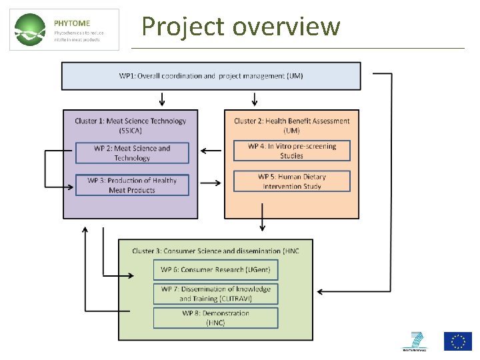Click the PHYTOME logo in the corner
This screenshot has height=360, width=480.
[x=65, y=30]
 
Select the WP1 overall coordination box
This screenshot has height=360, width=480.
[x=211, y=76]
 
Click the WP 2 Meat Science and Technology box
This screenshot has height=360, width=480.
[x=132, y=153]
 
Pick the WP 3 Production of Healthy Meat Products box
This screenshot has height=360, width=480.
[x=132, y=185]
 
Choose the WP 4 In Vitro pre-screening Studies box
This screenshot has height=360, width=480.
[x=291, y=151]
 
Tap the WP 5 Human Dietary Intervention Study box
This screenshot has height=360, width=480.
[x=291, y=181]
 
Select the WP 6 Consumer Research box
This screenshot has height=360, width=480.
[x=215, y=269]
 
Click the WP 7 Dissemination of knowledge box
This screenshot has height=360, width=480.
[x=215, y=294]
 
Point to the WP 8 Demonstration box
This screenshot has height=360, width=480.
[x=215, y=318]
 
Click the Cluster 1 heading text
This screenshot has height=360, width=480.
[x=131, y=125]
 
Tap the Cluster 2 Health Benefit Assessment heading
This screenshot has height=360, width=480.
[x=291, y=125]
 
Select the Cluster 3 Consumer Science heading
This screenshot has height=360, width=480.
[x=215, y=251]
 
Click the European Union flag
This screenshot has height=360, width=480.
[x=458, y=341]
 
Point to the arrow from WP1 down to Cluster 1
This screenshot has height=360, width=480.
[x=162, y=99]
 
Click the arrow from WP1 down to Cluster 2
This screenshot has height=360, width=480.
[x=254, y=99]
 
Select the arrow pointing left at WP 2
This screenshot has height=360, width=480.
[x=211, y=151]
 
